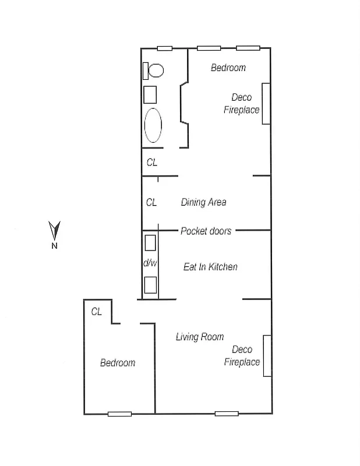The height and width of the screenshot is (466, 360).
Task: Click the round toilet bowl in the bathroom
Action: (x=156, y=70)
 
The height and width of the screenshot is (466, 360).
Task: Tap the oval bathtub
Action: (x=154, y=125)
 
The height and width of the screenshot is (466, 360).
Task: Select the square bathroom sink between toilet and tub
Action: (x=151, y=94)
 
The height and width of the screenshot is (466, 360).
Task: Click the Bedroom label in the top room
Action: (x=228, y=68)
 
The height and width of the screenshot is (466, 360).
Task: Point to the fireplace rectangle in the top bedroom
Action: (x=266, y=103)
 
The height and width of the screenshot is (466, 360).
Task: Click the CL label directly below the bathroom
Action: (x=152, y=163)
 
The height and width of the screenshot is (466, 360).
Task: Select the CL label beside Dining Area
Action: (x=151, y=203)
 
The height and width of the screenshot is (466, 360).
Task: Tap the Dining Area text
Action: (x=203, y=202)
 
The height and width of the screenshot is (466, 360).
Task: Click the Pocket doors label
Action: (x=206, y=231)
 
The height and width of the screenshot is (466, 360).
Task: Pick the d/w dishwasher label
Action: (x=150, y=263)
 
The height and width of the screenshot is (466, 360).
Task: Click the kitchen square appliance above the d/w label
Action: (x=150, y=242)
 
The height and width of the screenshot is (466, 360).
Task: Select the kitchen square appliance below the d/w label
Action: (x=150, y=285)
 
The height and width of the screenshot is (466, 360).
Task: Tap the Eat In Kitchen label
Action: (x=210, y=267)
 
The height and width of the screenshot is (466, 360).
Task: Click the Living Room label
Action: (x=200, y=337)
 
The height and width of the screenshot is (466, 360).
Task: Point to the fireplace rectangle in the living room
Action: (x=267, y=355)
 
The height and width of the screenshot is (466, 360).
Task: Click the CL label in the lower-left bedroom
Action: (x=97, y=312)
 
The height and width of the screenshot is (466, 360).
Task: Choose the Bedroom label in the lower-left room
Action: (x=118, y=362)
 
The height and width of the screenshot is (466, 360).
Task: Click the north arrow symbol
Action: (x=54, y=231)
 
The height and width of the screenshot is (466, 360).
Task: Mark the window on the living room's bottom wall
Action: (x=227, y=414)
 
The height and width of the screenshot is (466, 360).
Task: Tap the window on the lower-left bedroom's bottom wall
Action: (x=119, y=414)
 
